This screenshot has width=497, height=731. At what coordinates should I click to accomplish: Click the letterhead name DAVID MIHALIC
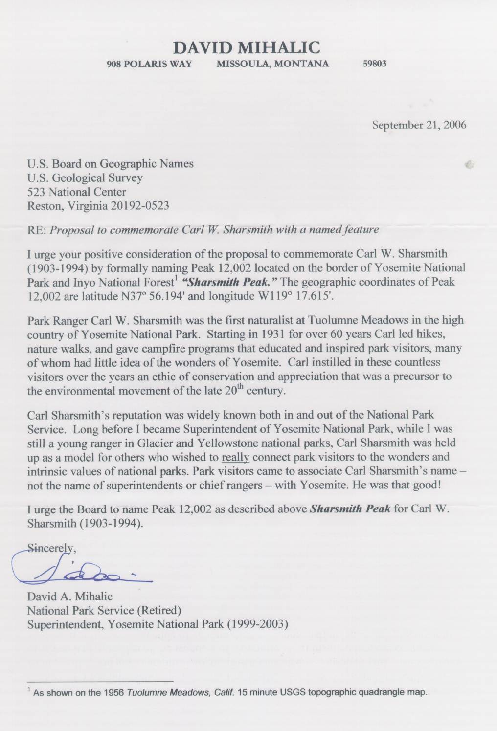(247, 47)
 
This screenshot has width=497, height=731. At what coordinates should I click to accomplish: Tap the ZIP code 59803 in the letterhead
(375, 64)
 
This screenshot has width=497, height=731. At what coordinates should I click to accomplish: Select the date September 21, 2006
(419, 125)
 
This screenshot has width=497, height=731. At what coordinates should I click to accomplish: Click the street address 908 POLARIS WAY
(149, 64)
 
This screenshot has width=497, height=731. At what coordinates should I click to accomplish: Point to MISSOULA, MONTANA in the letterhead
(273, 64)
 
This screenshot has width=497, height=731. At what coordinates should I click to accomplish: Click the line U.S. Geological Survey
(85, 178)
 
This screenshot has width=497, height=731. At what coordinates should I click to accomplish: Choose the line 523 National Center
(77, 192)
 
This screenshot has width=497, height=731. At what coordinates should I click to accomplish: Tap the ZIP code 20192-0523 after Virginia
(140, 205)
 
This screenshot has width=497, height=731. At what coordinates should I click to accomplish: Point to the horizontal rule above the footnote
(100, 681)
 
